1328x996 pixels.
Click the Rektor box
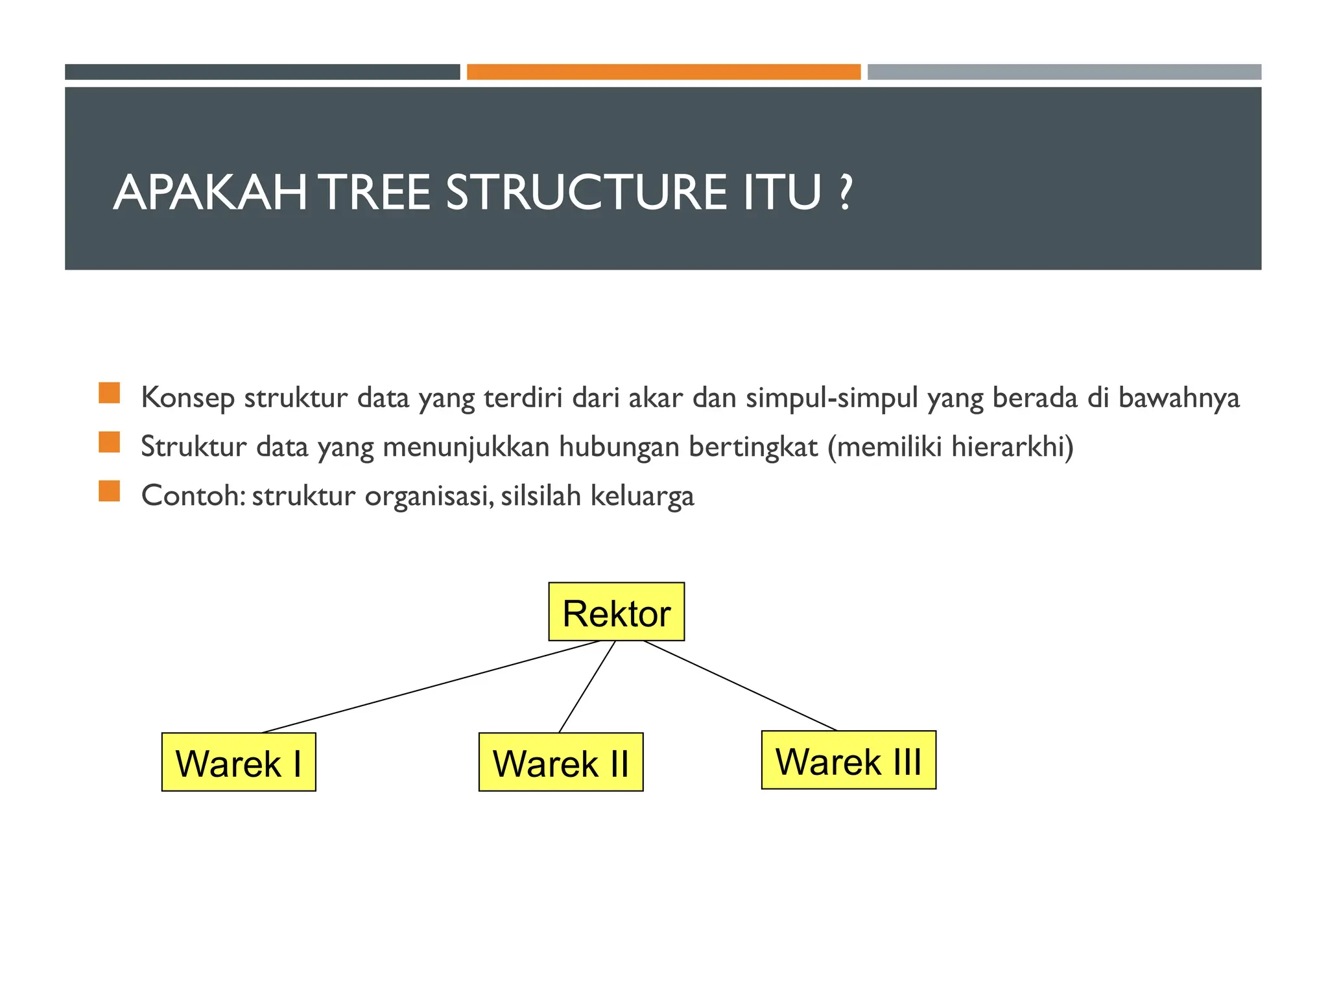[x=616, y=611]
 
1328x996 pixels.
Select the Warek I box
[x=238, y=762]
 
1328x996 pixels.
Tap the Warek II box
[x=560, y=762]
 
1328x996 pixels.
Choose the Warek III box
[x=848, y=760]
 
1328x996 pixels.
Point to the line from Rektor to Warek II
[x=587, y=687]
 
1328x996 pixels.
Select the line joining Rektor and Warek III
[x=739, y=685]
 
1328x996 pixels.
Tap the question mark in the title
[x=844, y=193]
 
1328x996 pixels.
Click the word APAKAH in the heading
[x=211, y=193]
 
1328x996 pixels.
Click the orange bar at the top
[x=663, y=72]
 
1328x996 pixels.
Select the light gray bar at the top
[x=1064, y=72]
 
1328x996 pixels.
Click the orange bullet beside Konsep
[x=110, y=393]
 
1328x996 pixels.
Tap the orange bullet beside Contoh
[x=110, y=491]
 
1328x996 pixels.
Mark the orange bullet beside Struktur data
[x=110, y=442]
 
